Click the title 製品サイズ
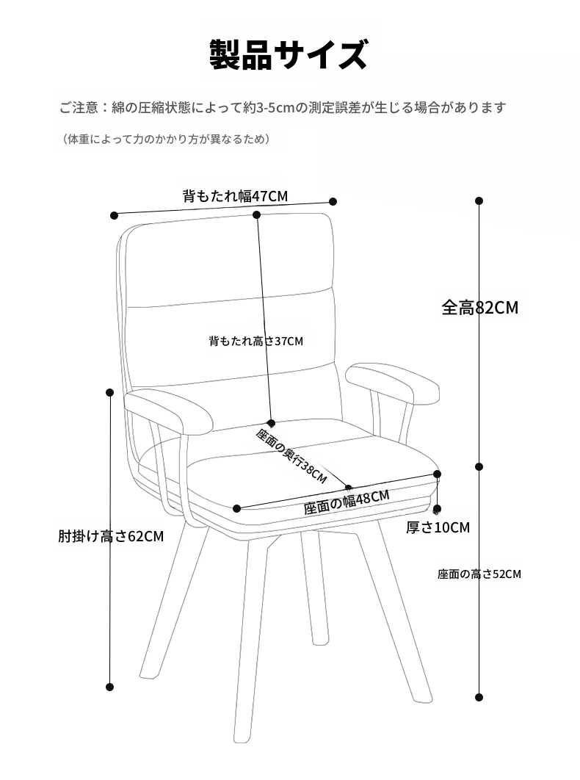[289, 54]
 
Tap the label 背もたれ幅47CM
[235, 195]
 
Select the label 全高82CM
[480, 308]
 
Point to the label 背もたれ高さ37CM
[255, 341]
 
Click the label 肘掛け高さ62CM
[111, 536]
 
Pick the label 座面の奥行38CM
[291, 455]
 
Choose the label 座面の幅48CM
[347, 502]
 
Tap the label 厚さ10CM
[438, 527]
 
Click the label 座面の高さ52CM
[479, 574]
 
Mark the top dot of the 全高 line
[479, 201]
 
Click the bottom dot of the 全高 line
[479, 698]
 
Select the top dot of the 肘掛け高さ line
[110, 392]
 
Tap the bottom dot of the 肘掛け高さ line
[110, 687]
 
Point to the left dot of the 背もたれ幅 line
[115, 215]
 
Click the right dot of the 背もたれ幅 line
[333, 201]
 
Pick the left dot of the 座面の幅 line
[237, 508]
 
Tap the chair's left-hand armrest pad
[168, 411]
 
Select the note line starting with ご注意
[283, 107]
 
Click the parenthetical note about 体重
[167, 139]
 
